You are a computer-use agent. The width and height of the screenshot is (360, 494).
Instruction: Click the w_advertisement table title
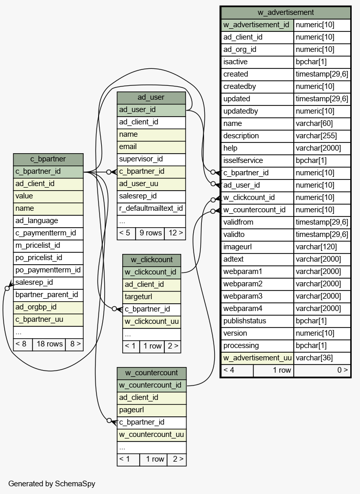(286, 13)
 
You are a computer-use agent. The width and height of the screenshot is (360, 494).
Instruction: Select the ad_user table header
(151, 97)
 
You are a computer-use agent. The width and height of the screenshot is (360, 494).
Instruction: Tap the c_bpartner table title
(48, 159)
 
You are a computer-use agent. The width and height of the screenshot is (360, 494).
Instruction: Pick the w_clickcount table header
(151, 260)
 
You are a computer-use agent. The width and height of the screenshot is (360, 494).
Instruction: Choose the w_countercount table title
(151, 373)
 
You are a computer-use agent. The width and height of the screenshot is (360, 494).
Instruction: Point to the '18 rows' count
(49, 344)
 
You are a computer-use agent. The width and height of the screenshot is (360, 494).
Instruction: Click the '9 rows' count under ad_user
(150, 233)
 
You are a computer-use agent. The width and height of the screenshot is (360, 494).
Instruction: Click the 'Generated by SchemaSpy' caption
(51, 484)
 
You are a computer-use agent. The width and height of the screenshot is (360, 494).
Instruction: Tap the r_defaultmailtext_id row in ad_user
(151, 209)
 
